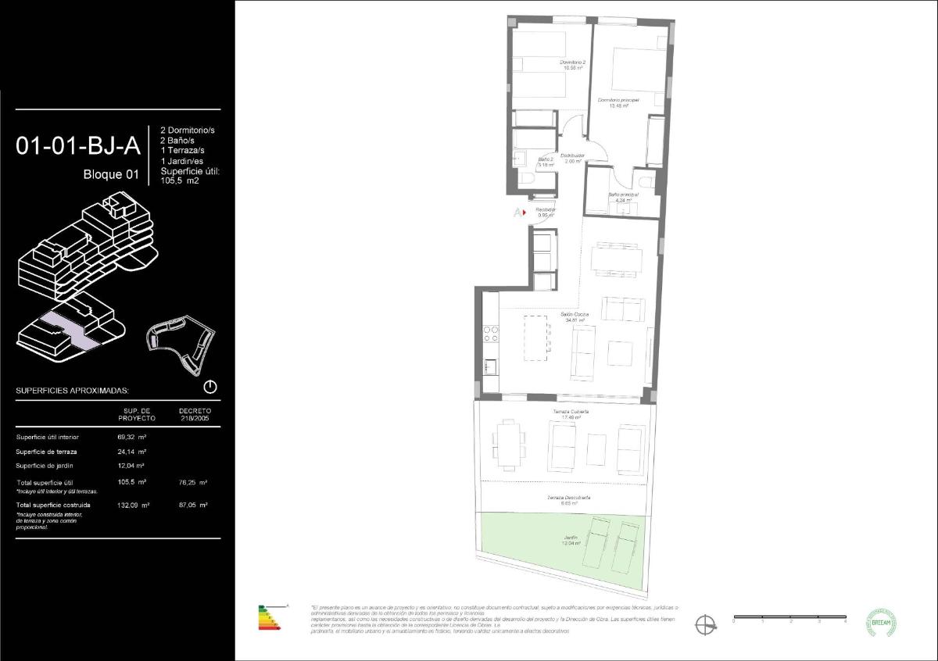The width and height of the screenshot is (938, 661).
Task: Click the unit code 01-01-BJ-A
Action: click(x=78, y=145)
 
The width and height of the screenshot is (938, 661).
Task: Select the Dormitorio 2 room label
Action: click(x=573, y=65)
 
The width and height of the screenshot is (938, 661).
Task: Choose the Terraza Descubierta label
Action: click(x=568, y=500)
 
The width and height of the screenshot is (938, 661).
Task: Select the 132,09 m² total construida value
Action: click(x=133, y=505)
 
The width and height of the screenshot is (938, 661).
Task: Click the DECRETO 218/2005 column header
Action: click(x=195, y=414)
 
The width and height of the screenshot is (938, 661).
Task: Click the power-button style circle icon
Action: click(x=209, y=387)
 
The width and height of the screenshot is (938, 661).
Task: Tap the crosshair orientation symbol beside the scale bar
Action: click(x=706, y=623)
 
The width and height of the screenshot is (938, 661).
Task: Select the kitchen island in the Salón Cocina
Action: click(x=535, y=338)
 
